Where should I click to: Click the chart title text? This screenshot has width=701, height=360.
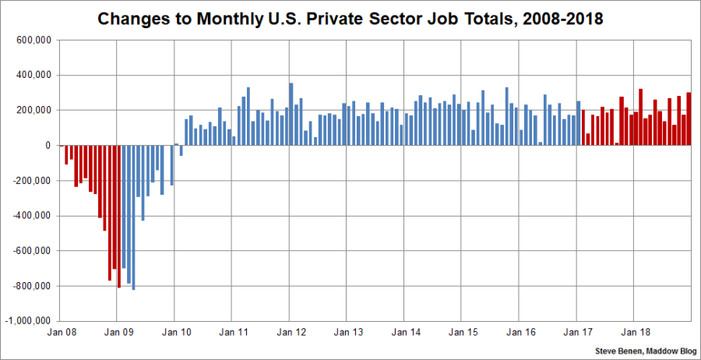tap(350, 18)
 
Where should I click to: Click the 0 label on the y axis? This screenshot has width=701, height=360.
tap(48, 146)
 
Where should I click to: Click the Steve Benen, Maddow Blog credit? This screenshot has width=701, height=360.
tap(644, 351)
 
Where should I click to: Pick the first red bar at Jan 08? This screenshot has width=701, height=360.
tap(66, 154)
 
